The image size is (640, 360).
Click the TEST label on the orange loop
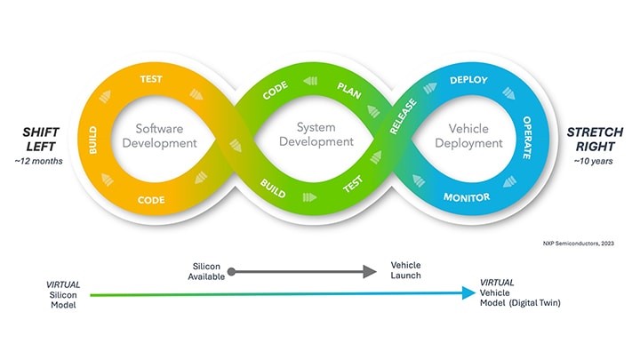[x=151, y=79]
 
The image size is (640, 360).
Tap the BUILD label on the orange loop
[x=93, y=140]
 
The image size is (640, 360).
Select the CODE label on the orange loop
[x=151, y=200]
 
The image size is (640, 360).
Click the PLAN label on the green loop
[x=349, y=91]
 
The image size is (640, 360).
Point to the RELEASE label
[x=403, y=116]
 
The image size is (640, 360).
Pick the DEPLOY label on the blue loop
[x=468, y=80]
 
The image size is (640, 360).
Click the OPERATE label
[x=527, y=138]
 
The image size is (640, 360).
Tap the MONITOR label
[x=467, y=197]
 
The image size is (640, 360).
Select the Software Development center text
[x=160, y=136]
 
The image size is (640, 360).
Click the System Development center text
[x=316, y=134]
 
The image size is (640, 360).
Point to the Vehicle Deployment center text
[x=468, y=136]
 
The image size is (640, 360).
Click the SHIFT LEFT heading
[x=41, y=140]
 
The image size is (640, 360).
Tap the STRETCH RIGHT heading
[x=595, y=140]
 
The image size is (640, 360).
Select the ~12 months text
[x=39, y=161]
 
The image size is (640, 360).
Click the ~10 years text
[x=593, y=161]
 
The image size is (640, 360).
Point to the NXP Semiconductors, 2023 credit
[x=579, y=244]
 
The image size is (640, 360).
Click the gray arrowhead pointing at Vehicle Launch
[x=370, y=271]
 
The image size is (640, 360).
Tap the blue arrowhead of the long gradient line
[x=469, y=292]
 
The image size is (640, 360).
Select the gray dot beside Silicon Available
[x=231, y=271]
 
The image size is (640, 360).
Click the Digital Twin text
[x=535, y=303]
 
